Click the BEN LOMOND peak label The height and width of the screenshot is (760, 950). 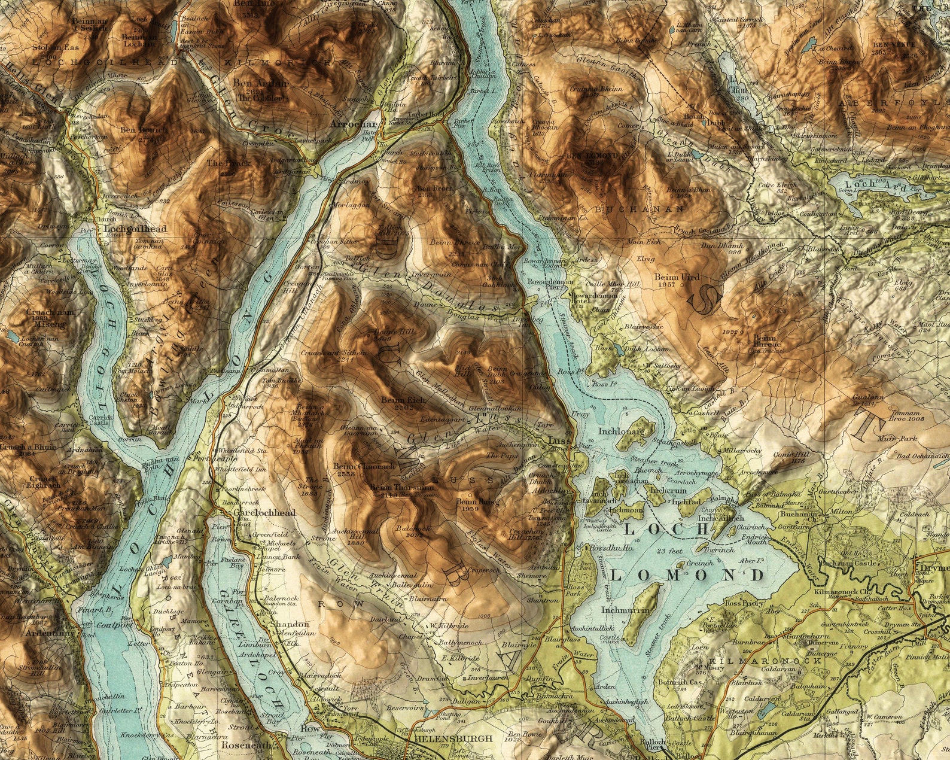click(x=591, y=156)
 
